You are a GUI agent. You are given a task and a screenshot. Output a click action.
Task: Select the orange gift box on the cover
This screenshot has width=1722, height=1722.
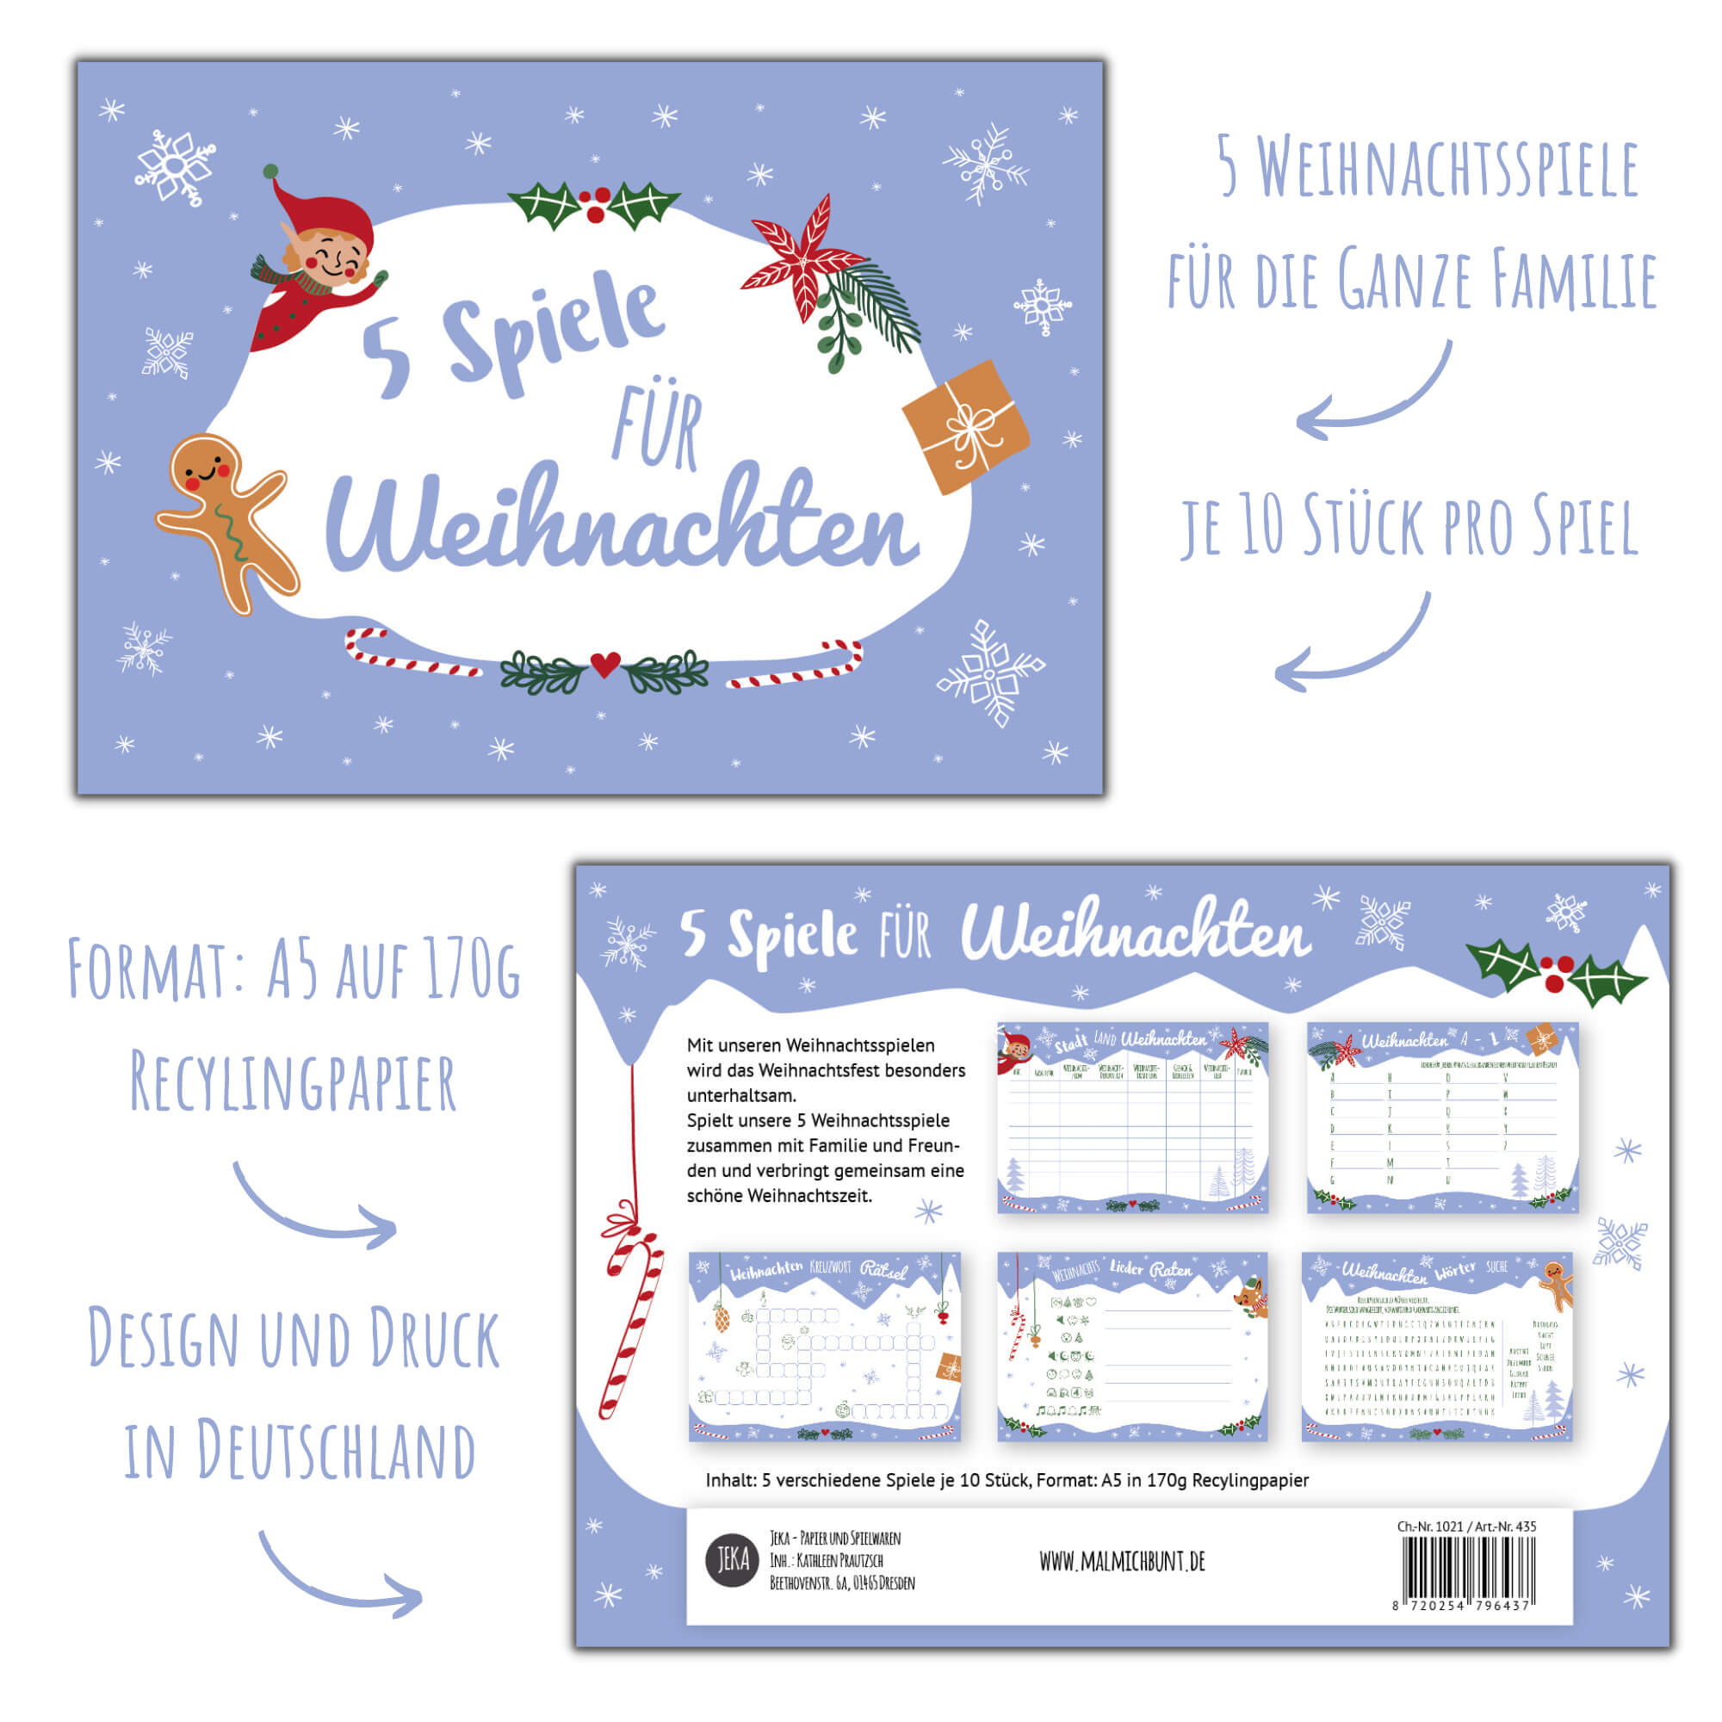[x=965, y=426]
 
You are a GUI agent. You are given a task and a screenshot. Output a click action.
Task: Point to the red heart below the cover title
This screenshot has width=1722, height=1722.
[x=605, y=664]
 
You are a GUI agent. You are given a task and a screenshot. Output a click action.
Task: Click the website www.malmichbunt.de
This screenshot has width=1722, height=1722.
[x=1122, y=1562]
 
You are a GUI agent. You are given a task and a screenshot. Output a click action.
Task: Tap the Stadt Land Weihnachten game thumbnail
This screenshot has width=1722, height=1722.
[x=1132, y=1118]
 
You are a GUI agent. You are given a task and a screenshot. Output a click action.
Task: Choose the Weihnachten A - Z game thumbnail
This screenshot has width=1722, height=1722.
[x=1442, y=1118]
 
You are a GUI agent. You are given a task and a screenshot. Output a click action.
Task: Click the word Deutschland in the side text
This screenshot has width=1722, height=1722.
[x=335, y=1451]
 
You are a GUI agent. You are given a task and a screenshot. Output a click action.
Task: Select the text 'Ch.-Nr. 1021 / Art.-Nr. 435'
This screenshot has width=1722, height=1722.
[x=1466, y=1526]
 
